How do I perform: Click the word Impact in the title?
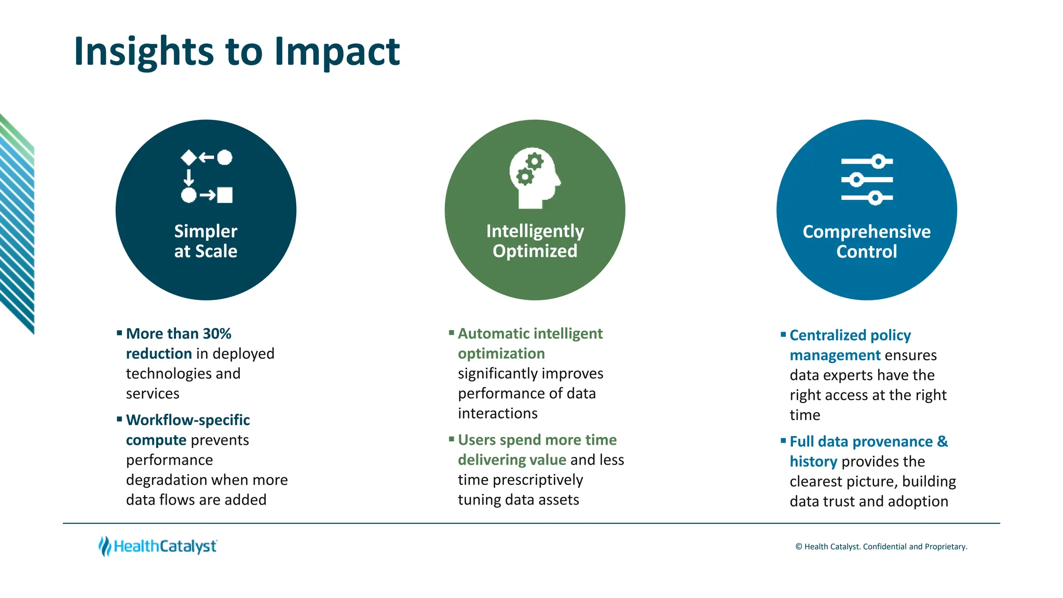tap(337, 52)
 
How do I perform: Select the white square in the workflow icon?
tap(225, 195)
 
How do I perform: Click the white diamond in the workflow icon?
tap(188, 157)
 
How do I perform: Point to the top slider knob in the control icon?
tap(878, 161)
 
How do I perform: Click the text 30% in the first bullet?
tap(217, 334)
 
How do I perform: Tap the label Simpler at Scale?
tap(206, 241)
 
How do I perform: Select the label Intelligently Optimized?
tap(535, 241)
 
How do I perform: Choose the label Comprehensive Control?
tap(866, 241)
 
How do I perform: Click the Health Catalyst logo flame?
tap(105, 546)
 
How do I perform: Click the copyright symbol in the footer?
tap(799, 547)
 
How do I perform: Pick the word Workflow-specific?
tap(188, 420)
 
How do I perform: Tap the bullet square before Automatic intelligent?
tap(451, 332)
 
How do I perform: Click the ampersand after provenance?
tap(942, 442)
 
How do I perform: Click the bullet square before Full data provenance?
tap(783, 441)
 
